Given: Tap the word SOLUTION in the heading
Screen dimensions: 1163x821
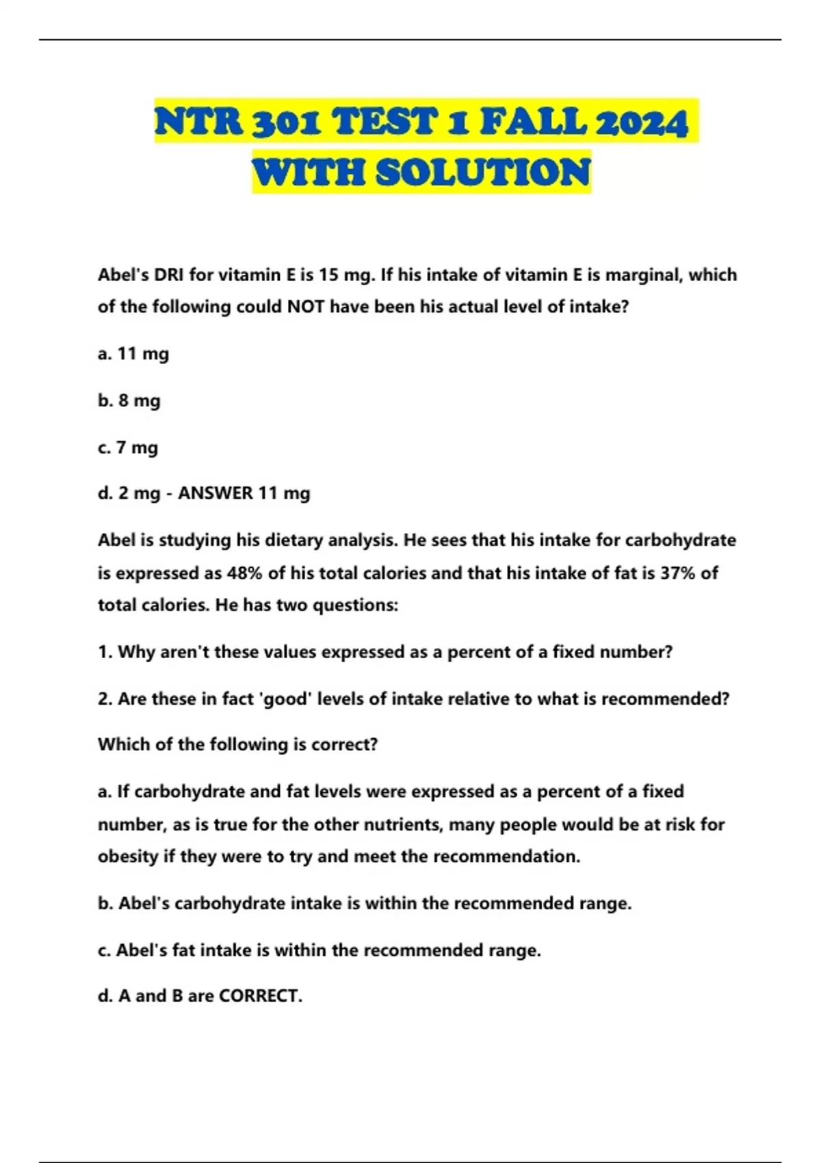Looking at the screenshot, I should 483,172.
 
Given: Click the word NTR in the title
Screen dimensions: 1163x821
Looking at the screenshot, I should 198,123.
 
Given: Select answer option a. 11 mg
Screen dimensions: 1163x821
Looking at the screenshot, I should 133,354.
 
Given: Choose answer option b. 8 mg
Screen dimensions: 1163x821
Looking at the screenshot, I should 129,400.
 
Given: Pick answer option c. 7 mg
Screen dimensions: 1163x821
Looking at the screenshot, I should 128,447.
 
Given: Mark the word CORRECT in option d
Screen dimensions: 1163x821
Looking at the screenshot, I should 260,996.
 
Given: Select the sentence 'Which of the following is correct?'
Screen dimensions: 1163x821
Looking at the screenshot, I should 237,744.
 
